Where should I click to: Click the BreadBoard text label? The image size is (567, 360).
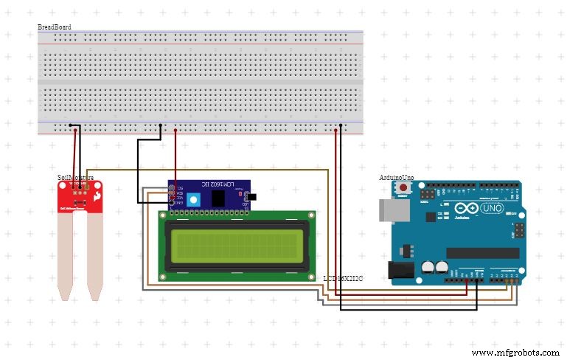[55, 27]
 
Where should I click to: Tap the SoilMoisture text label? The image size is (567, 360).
[75, 178]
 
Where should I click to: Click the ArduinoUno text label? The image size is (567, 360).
[396, 178]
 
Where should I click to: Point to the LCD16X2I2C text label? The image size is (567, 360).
[343, 278]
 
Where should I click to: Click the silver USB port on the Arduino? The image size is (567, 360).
[392, 210]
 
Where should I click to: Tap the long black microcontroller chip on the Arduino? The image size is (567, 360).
[481, 253]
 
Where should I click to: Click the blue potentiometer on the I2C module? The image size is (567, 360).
[194, 199]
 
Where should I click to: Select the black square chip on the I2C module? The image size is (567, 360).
[218, 198]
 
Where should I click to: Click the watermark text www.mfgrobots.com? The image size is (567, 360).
[515, 353]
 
